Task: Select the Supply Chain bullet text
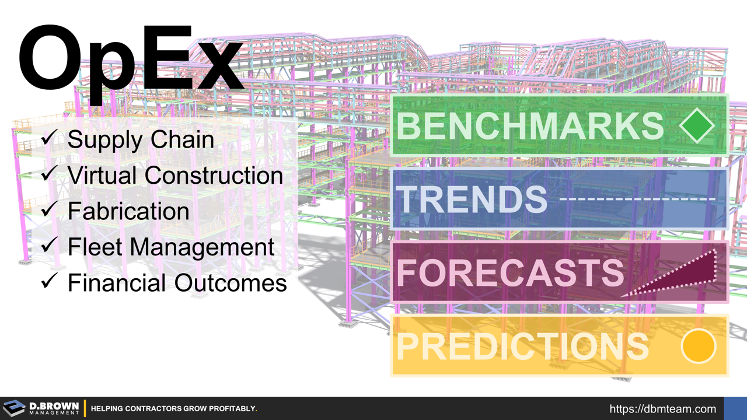(141, 139)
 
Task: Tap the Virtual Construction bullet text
(175, 175)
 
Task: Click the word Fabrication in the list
(128, 211)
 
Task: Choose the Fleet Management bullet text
(171, 247)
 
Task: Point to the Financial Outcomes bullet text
(177, 283)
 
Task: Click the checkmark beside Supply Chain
(49, 138)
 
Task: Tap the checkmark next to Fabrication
(49, 210)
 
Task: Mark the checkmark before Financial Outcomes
(49, 282)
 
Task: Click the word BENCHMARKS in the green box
(530, 125)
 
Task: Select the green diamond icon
(697, 125)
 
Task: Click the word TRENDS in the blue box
(471, 199)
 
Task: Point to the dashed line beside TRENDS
(638, 199)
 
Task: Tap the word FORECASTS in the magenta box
(510, 272)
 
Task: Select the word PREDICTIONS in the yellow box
(522, 346)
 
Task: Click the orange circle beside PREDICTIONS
(698, 346)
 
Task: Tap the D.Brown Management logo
(41, 408)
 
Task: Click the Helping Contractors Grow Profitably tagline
(174, 409)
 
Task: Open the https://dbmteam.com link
(662, 409)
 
